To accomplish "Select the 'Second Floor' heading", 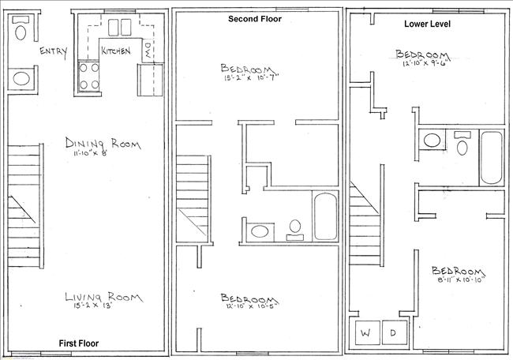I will tap(255, 18).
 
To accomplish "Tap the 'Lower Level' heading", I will tap(429, 24).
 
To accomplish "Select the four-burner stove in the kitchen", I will tap(89, 77).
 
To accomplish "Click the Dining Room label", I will tap(103, 144).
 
